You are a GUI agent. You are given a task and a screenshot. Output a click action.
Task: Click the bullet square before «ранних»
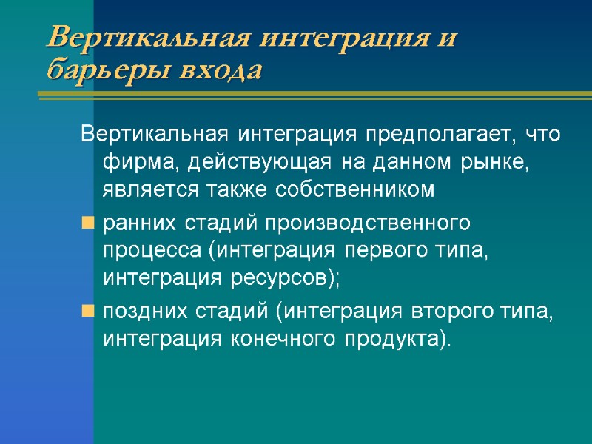pos(87,222)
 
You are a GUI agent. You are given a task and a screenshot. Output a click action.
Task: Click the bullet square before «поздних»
pos(87,312)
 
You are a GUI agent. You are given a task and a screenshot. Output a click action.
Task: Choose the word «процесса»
pos(152,250)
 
